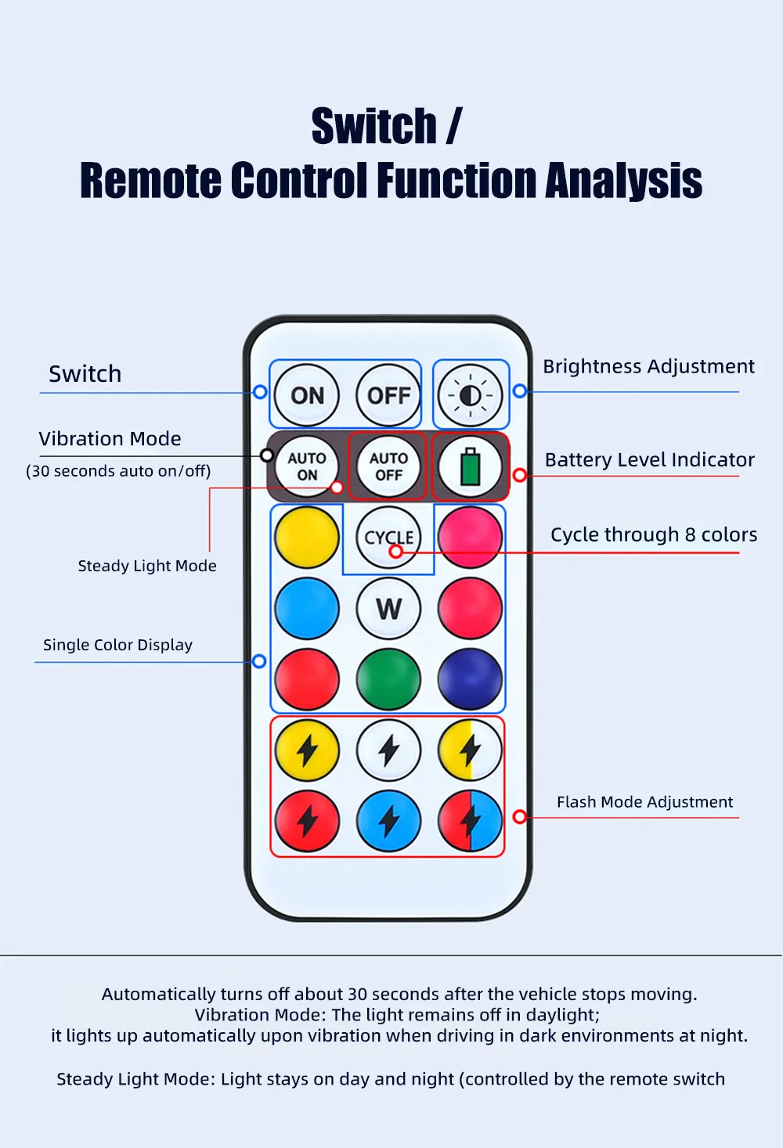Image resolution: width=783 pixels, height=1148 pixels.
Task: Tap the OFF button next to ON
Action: click(x=388, y=395)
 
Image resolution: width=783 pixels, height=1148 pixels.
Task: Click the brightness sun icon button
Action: click(x=470, y=395)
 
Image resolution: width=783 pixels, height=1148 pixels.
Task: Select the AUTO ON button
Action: click(x=307, y=466)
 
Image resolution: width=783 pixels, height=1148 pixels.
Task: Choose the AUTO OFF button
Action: click(x=388, y=466)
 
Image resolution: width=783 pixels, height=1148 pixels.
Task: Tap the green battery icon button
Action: click(x=470, y=466)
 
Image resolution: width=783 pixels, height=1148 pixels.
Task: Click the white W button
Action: click(x=388, y=608)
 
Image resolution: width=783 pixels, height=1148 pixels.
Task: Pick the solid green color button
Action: click(x=388, y=679)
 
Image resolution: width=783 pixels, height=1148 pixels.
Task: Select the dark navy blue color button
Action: click(x=470, y=679)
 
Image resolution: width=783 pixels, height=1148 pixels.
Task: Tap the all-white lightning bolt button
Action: click(x=388, y=750)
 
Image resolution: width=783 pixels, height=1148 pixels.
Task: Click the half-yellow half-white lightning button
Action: click(x=470, y=750)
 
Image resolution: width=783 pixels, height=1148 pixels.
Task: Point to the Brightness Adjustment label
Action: click(x=648, y=366)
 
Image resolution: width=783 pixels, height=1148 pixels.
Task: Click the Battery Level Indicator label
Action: click(x=650, y=459)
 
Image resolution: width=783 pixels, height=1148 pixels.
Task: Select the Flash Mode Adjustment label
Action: click(x=645, y=801)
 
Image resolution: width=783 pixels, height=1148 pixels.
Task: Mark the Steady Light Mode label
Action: click(x=147, y=566)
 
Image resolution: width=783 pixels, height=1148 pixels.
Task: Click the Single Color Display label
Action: click(x=118, y=645)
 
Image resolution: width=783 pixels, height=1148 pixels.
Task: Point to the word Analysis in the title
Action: click(x=623, y=180)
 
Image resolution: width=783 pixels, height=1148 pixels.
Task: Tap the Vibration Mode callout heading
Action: click(x=110, y=439)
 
